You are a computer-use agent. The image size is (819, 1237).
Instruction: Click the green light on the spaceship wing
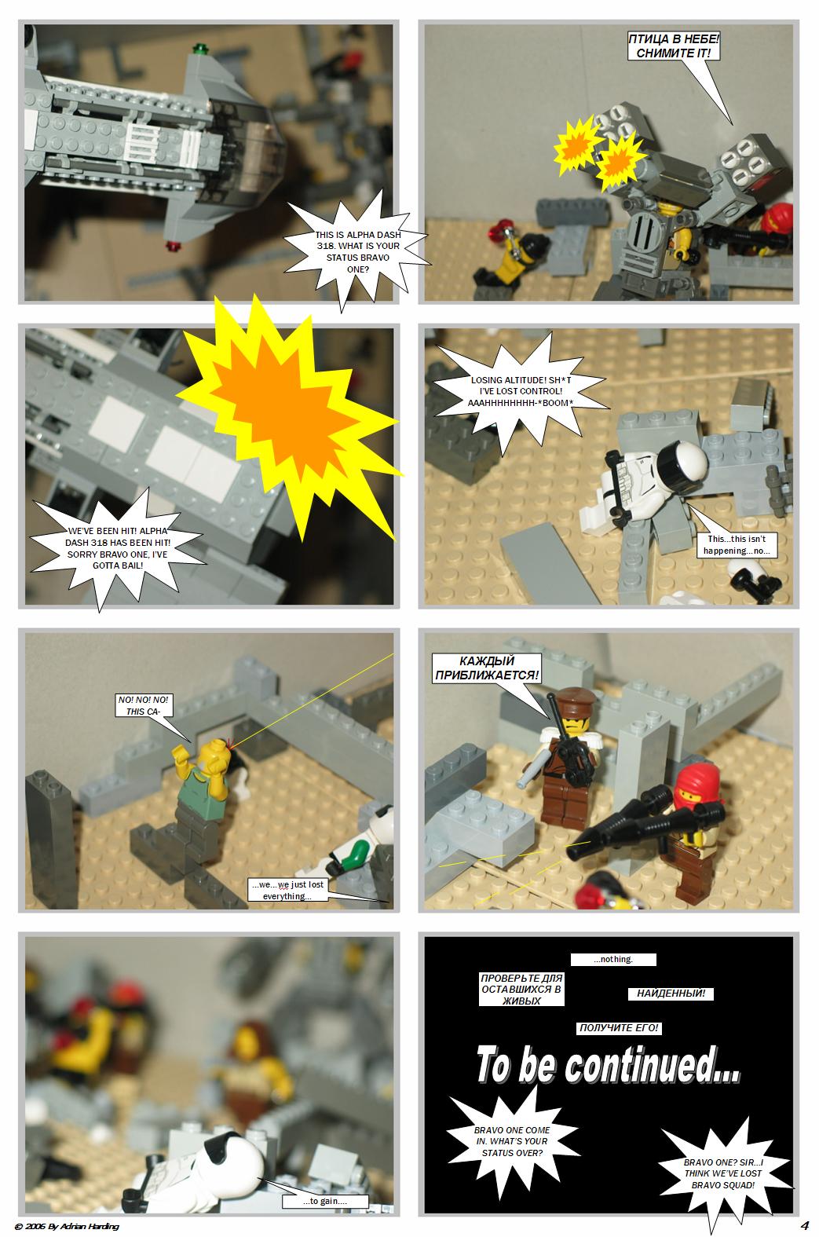[199, 50]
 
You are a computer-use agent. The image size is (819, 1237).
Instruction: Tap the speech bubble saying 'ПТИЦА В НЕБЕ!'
[674, 46]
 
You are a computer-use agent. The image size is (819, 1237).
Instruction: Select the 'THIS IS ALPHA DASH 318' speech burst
[357, 251]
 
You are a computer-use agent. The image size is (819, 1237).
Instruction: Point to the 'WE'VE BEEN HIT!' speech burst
[117, 548]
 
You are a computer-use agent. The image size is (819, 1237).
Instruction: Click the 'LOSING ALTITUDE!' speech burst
[521, 391]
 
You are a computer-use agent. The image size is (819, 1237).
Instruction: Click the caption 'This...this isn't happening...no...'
[737, 544]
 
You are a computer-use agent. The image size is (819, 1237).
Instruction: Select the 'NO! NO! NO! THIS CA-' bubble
[143, 706]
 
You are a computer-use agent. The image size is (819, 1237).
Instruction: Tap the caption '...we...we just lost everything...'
[287, 890]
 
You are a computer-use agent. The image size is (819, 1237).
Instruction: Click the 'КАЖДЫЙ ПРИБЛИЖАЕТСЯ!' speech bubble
[487, 668]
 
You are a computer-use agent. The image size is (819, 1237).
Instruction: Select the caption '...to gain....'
[325, 1201]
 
